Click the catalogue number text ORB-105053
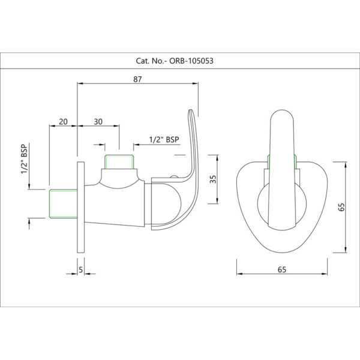(191, 61)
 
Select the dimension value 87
(137, 79)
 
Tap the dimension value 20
(63, 122)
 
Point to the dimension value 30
(98, 122)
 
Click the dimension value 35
(213, 179)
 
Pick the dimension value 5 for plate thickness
(80, 270)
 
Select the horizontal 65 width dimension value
(282, 269)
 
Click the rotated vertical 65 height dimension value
(341, 207)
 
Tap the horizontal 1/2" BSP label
(164, 139)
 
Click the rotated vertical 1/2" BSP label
(24, 158)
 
